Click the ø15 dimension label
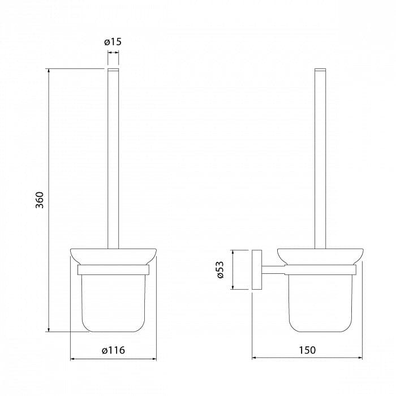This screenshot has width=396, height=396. point(113,42)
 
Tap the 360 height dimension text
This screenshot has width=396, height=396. point(40,200)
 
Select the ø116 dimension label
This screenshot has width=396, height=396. point(113,350)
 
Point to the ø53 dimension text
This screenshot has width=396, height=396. point(220,270)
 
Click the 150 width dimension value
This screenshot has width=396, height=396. point(307,350)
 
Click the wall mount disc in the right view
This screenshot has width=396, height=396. point(257,270)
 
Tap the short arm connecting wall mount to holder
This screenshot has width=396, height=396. point(273,270)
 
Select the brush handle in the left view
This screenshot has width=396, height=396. point(113,158)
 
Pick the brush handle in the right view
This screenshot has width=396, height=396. point(320,158)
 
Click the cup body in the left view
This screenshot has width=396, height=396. point(113,303)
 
